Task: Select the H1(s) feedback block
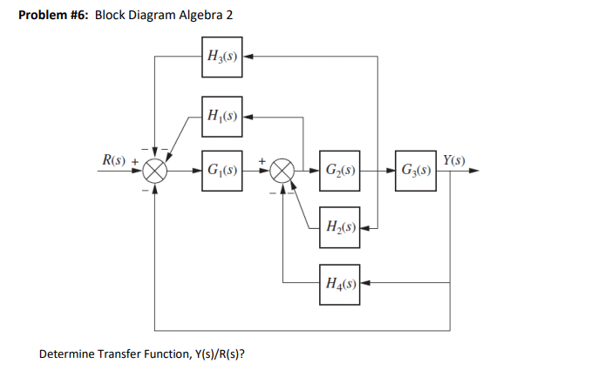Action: click(220, 115)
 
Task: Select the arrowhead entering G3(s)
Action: click(389, 170)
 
